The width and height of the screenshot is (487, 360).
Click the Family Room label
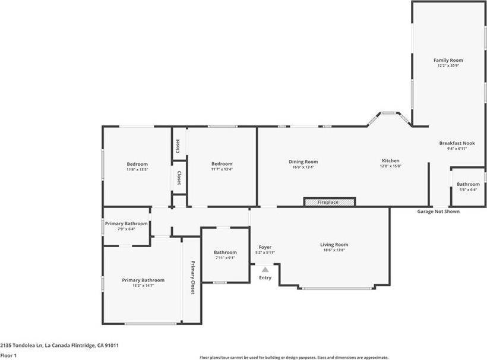(x=448, y=60)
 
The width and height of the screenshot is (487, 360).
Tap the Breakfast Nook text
(x=457, y=143)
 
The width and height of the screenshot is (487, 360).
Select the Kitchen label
(x=390, y=161)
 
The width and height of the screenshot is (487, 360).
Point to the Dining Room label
(x=303, y=162)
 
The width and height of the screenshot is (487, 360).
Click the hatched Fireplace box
(x=330, y=202)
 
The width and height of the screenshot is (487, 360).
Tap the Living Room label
(x=334, y=244)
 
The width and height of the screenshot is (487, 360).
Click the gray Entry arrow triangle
(x=265, y=270)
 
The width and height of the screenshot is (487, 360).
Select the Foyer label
(x=265, y=247)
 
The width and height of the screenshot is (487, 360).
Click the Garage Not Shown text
(x=438, y=211)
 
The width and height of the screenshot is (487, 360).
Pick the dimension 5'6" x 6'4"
(x=468, y=190)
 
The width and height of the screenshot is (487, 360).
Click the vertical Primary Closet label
(x=192, y=277)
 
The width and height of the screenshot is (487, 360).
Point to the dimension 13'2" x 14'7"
(x=143, y=286)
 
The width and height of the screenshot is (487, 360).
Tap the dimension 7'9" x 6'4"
(x=126, y=229)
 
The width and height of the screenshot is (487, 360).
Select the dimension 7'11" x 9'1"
(x=225, y=258)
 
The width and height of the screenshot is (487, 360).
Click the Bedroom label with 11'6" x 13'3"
(x=137, y=164)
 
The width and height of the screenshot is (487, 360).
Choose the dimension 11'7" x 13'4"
(x=222, y=169)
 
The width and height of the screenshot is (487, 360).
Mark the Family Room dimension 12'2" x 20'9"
(x=448, y=66)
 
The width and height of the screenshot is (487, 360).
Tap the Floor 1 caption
(x=8, y=355)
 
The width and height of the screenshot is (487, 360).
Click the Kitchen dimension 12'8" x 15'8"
(x=390, y=167)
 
